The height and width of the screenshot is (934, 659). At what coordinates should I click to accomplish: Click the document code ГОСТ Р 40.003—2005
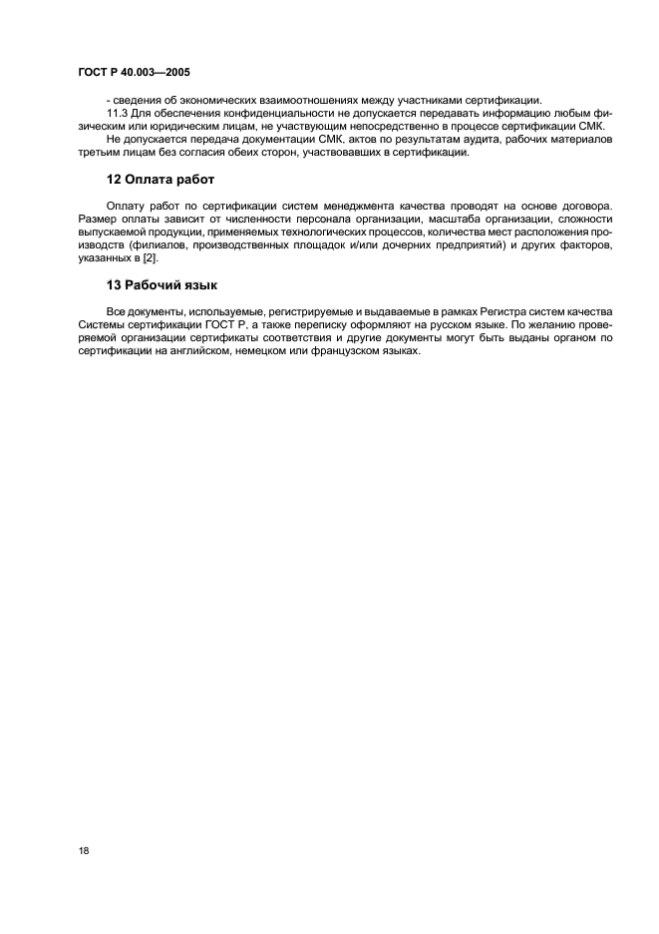point(134,73)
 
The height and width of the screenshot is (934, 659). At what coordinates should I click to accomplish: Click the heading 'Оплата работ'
point(168,180)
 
